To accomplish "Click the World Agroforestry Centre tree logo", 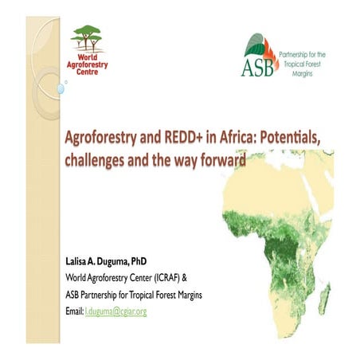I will click(88, 37).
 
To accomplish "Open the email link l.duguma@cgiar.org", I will click(116, 310).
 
